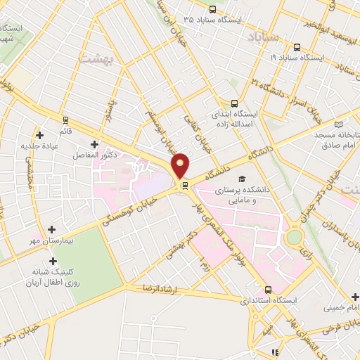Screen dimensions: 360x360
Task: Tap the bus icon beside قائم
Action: tap(66, 120)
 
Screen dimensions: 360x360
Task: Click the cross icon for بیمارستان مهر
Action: tap(52, 229)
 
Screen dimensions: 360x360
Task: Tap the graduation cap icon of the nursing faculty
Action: tap(242, 179)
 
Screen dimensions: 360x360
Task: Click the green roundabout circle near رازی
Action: tap(294, 238)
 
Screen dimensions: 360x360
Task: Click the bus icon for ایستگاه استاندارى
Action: tap(267, 289)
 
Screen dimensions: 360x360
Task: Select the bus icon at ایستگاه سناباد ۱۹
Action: tap(297, 48)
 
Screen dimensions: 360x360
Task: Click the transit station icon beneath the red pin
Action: tap(185, 186)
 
